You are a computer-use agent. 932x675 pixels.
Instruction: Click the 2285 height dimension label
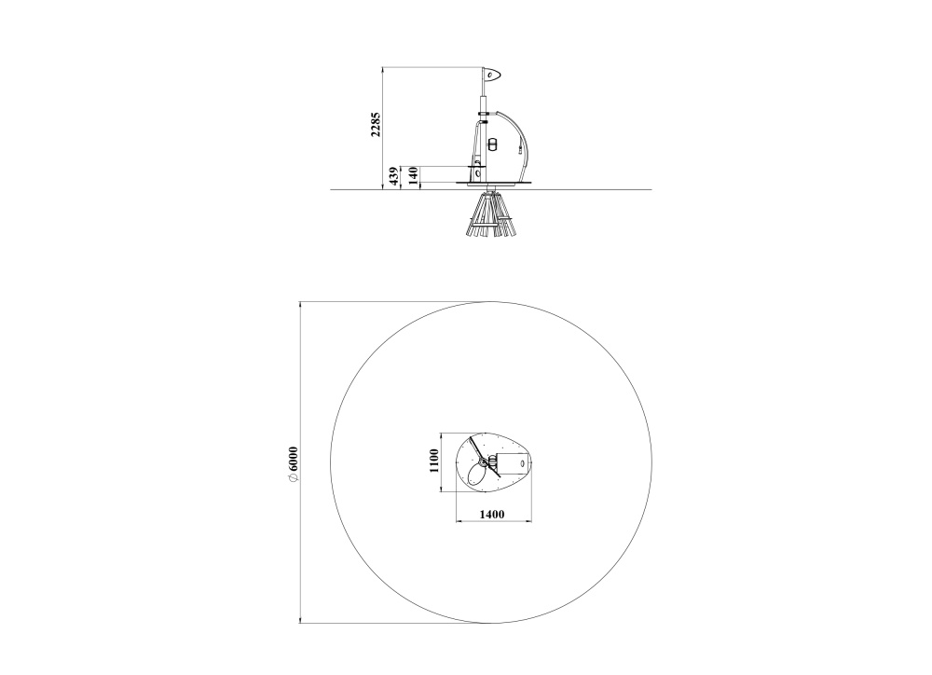tap(375, 124)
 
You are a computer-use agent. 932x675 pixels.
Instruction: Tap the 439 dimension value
tap(393, 176)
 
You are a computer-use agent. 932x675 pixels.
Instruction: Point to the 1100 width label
tap(434, 461)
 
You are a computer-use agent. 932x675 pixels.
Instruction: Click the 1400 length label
tap(492, 514)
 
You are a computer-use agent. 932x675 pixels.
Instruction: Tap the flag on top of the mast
tap(492, 75)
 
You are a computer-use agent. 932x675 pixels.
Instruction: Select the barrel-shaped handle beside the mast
tap(491, 144)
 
